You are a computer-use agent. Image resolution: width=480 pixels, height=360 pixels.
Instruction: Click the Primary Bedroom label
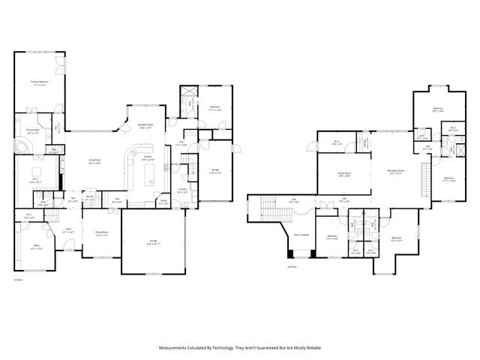(x=38, y=82)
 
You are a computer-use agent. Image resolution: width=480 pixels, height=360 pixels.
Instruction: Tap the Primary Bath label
(x=32, y=130)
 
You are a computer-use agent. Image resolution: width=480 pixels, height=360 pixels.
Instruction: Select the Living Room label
(x=95, y=161)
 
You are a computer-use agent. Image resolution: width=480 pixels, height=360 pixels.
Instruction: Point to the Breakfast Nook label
(x=145, y=125)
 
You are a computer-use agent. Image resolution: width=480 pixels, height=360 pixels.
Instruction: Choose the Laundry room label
(x=183, y=190)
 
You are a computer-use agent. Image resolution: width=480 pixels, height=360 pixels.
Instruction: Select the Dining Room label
(x=102, y=233)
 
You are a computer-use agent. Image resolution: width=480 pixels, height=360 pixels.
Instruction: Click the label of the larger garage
(x=153, y=241)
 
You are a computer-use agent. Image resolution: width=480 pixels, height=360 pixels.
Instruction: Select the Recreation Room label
(x=396, y=171)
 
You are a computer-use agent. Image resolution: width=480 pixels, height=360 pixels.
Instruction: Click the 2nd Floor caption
(x=292, y=266)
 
